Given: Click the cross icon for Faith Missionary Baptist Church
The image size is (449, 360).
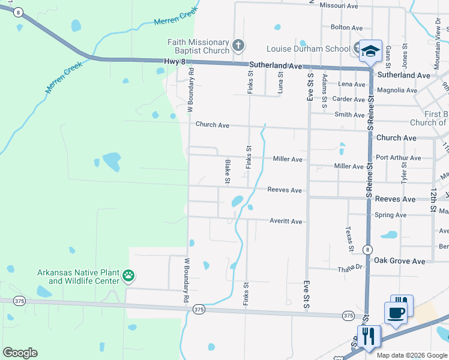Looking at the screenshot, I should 238,45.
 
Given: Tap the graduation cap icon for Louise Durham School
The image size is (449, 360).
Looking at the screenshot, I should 370,50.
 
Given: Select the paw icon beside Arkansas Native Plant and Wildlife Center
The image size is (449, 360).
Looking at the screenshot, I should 128,276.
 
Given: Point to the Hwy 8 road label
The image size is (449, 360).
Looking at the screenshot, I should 174,61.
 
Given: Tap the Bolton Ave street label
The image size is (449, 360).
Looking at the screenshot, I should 347,28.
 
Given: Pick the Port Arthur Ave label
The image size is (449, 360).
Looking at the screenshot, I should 399,158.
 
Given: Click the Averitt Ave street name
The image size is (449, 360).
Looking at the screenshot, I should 286,221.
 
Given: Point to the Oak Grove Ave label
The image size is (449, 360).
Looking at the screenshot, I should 399,261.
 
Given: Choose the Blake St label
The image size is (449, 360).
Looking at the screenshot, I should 228,171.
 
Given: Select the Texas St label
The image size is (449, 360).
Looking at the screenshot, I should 349,239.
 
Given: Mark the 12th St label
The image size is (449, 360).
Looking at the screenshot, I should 433,200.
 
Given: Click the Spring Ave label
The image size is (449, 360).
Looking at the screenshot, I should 390,215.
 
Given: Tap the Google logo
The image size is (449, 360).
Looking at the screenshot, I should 20,353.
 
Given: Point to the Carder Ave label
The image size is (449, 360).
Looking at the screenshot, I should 349,100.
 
